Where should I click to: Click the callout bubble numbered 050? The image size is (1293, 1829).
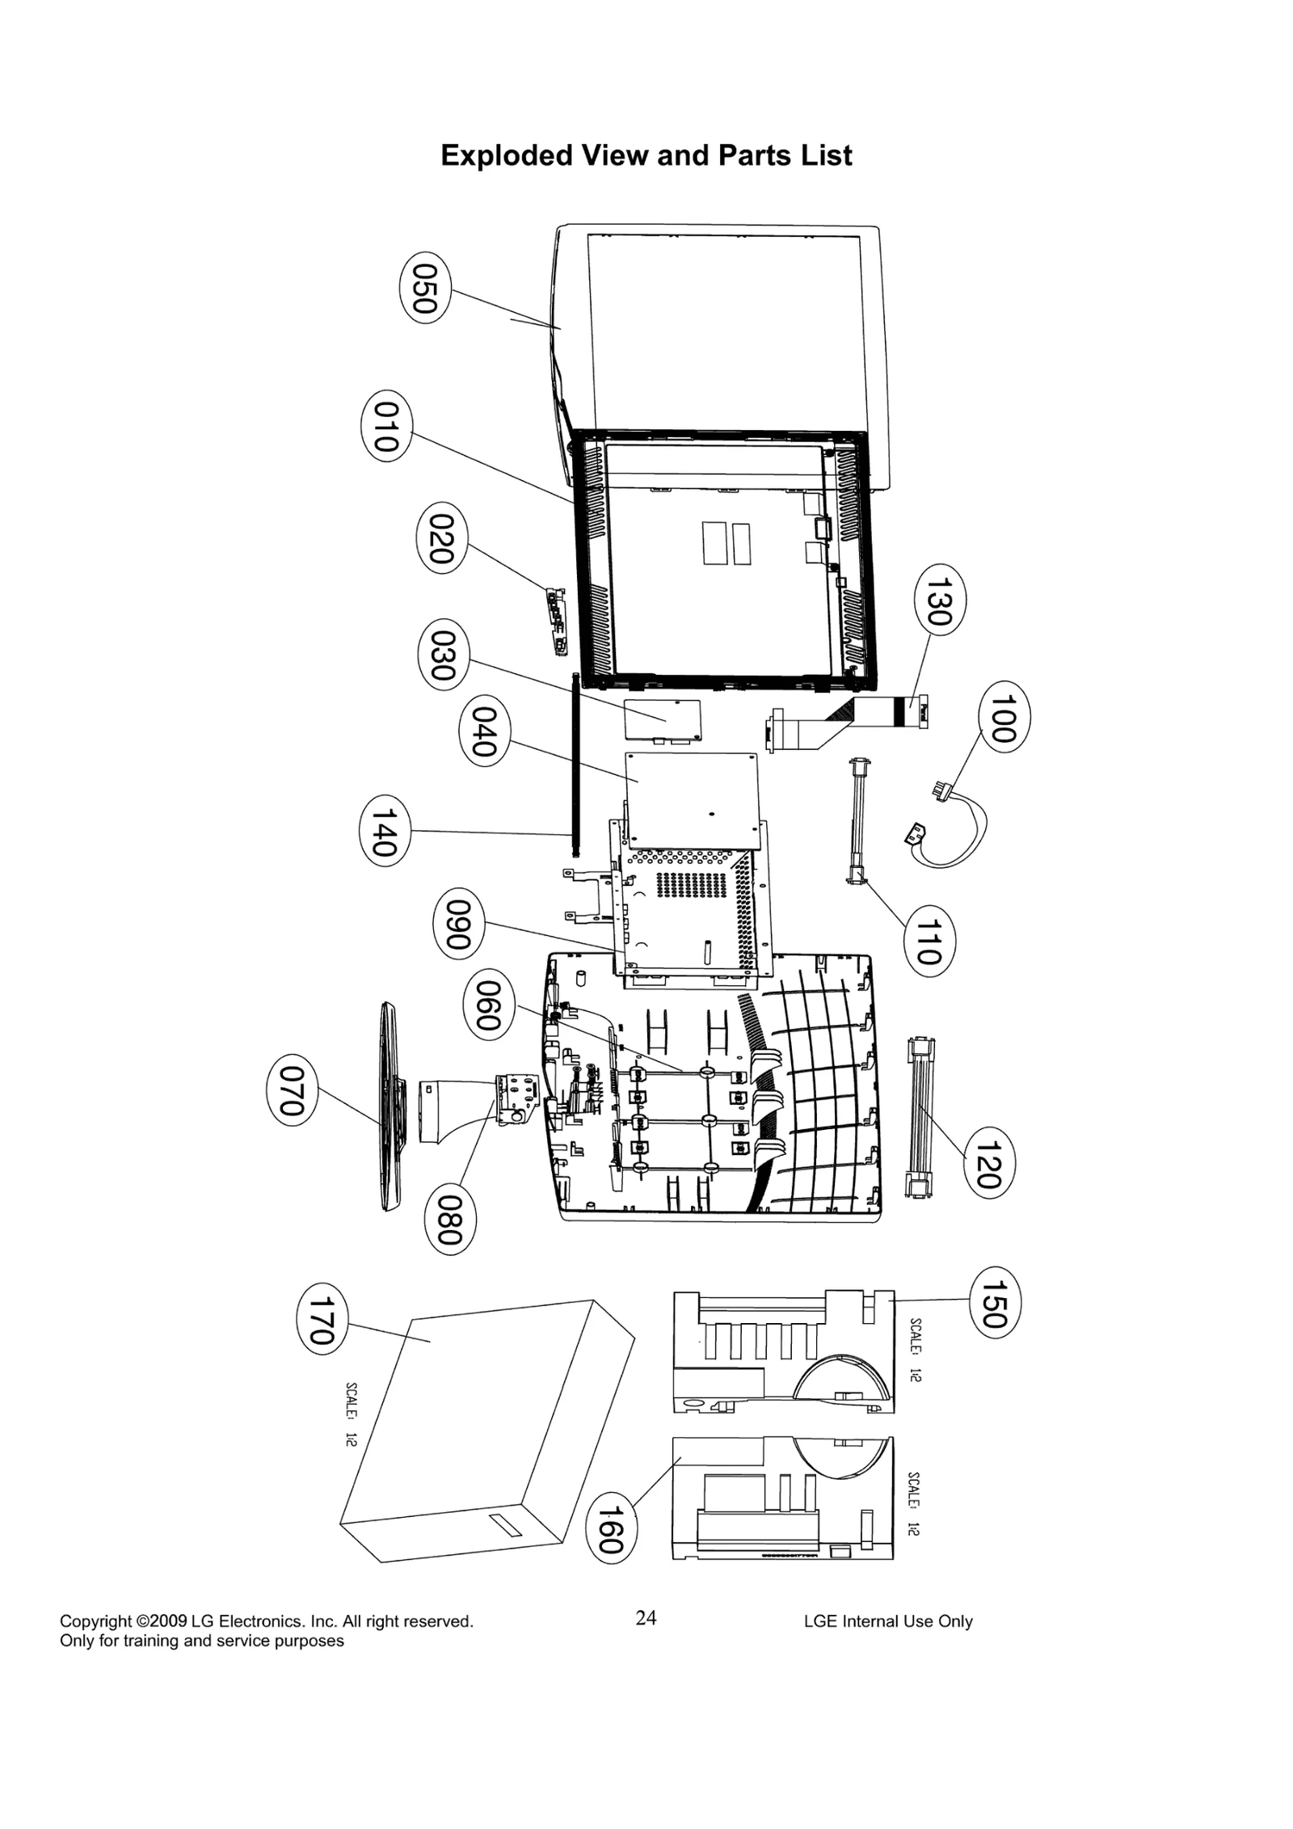pyautogui.click(x=425, y=289)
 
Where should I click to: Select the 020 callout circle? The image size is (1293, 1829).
pyautogui.click(x=441, y=538)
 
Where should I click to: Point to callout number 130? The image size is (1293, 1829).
pyautogui.click(x=940, y=600)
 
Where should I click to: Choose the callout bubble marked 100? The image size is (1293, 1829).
pyautogui.click(x=1004, y=717)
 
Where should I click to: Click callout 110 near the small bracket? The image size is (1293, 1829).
pyautogui.click(x=929, y=941)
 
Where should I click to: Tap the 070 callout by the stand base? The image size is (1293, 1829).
pyautogui.click(x=292, y=1090)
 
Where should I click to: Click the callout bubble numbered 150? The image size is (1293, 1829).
pyautogui.click(x=995, y=1303)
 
